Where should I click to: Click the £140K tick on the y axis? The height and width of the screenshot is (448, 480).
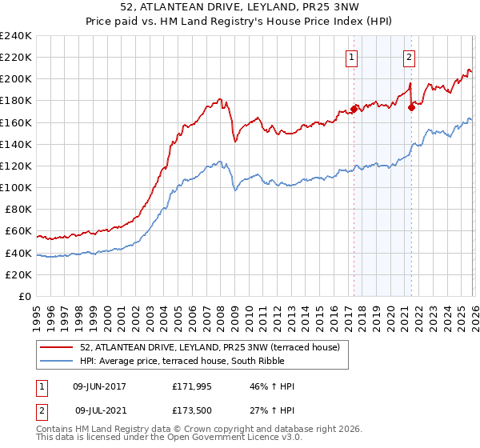click(15, 144)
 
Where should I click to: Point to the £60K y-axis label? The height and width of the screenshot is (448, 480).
click(18, 231)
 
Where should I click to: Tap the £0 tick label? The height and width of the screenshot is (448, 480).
click(24, 297)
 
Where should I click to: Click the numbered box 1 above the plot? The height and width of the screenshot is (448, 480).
click(352, 57)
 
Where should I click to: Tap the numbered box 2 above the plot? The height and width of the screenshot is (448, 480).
click(409, 57)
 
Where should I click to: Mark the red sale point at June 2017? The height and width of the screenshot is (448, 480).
click(354, 109)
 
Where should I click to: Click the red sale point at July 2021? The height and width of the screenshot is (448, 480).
click(411, 106)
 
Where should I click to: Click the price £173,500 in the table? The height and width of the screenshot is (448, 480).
click(194, 410)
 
